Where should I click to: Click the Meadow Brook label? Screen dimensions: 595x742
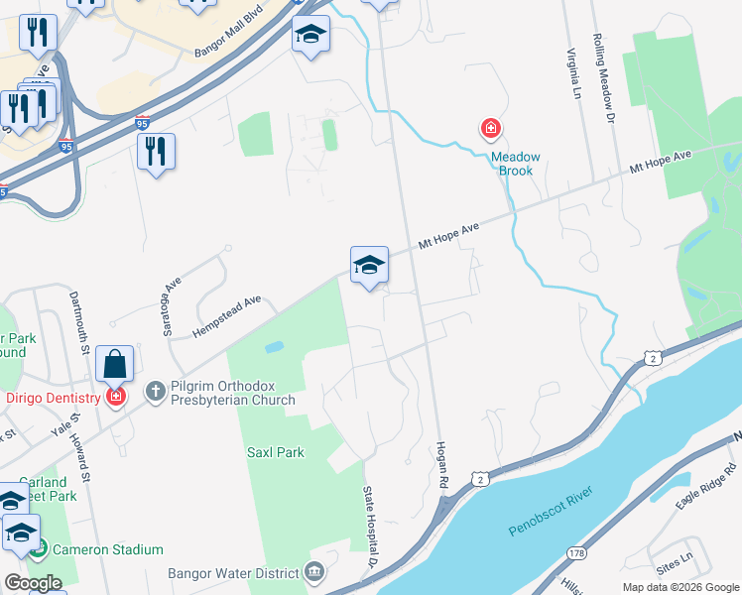pos(516,164)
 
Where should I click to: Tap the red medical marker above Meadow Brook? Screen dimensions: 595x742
pos(490,128)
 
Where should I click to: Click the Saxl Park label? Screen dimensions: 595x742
pos(275,452)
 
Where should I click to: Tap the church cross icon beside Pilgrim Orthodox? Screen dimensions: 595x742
pos(155,391)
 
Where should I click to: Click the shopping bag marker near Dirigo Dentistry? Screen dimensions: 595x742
pos(115,364)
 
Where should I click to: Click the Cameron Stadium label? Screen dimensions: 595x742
pos(109,549)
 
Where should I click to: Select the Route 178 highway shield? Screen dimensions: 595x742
pos(574,551)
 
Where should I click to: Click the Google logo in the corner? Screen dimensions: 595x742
pos(34,583)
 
